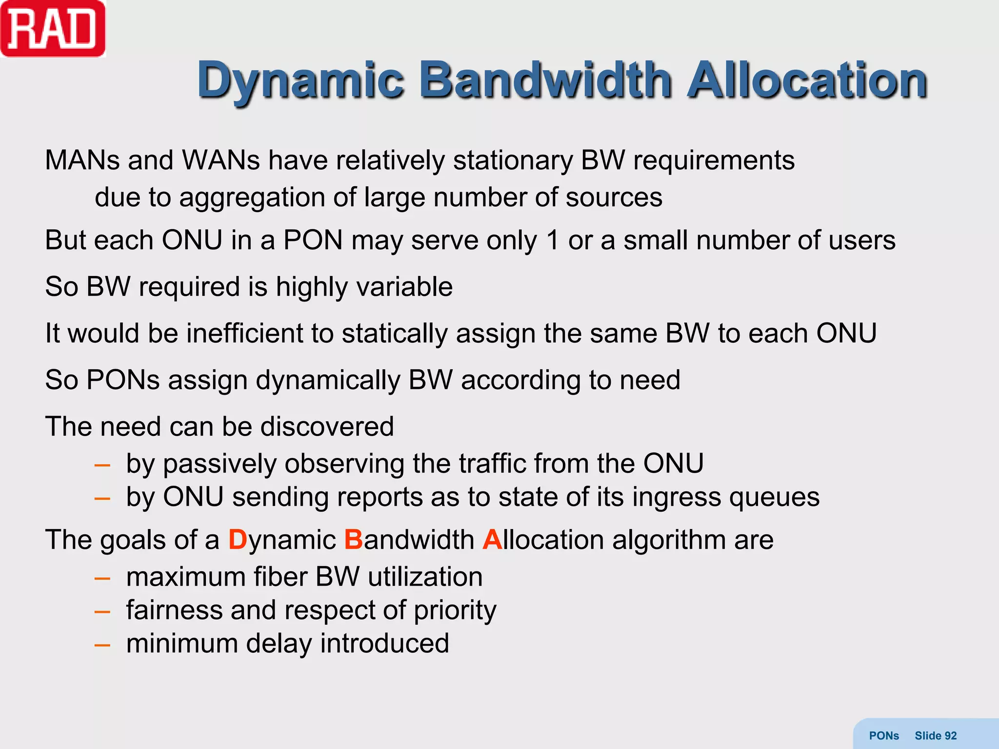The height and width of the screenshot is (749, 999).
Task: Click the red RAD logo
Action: tap(53, 29)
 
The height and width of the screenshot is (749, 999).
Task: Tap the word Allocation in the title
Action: tap(807, 79)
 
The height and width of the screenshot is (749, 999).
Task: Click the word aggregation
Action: tap(252, 197)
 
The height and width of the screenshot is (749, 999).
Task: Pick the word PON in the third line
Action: tap(313, 240)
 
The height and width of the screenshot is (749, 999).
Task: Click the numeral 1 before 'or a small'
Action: tap(552, 240)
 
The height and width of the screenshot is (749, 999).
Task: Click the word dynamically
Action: tap(328, 380)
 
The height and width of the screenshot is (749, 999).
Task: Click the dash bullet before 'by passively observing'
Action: tap(102, 465)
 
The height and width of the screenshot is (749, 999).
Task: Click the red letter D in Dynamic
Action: tap(238, 540)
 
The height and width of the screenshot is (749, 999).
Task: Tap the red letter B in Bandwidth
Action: tap(353, 540)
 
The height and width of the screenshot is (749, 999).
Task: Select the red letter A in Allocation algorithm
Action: tap(492, 540)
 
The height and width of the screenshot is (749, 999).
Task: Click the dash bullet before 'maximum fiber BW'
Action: tap(102, 579)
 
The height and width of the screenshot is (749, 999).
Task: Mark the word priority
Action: tap(455, 611)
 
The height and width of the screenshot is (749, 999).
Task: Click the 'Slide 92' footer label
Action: tap(935, 735)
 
